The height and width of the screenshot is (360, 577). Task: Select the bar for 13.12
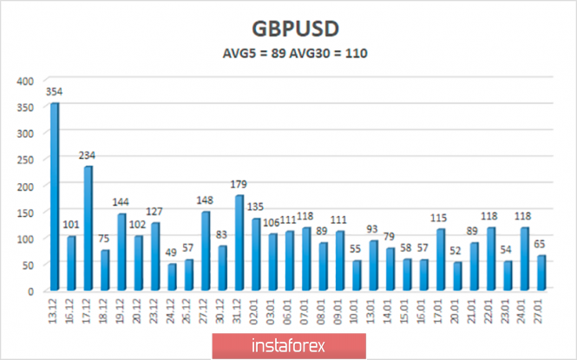point(55,197)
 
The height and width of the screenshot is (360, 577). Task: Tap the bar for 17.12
point(88,228)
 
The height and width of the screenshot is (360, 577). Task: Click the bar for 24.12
point(172,277)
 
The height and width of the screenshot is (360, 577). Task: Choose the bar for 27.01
point(541,272)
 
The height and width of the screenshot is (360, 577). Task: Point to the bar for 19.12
point(121,252)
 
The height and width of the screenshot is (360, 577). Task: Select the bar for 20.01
point(457,276)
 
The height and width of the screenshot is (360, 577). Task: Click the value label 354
point(56,91)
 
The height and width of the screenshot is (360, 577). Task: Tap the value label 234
point(88,155)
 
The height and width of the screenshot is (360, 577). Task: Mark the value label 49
point(172,253)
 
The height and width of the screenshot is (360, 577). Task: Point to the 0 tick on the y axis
point(30,291)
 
